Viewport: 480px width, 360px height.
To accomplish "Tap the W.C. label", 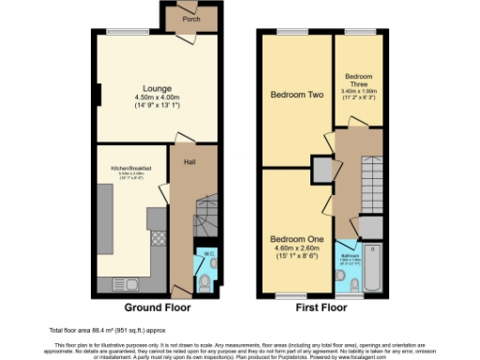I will [x=208, y=254].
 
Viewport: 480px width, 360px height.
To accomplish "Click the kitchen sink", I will [x=125, y=282].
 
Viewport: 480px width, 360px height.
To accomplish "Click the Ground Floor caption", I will [x=157, y=307].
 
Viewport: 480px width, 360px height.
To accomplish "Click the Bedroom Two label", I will [x=297, y=95].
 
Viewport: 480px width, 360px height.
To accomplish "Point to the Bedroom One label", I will [x=297, y=239].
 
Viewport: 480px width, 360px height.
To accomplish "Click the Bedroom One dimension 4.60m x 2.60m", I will [x=297, y=248].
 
